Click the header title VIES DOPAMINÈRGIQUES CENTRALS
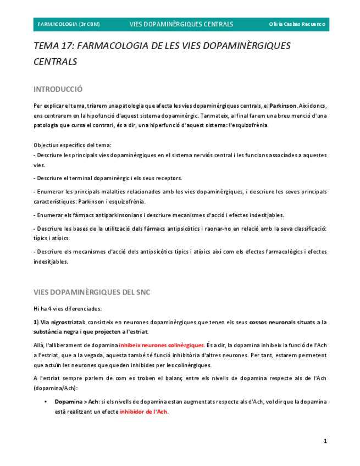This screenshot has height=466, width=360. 181,24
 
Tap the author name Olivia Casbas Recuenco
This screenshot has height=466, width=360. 297,24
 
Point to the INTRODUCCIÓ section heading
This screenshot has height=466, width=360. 58,89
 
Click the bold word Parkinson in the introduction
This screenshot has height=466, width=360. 283,106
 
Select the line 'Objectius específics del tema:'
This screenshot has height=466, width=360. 72,145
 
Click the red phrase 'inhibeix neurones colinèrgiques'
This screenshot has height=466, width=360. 162,345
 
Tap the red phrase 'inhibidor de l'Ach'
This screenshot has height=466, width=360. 143,412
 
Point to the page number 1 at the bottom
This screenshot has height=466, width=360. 325,441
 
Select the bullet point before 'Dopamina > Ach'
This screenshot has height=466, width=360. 46,402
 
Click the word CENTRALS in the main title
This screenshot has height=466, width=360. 55,62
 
